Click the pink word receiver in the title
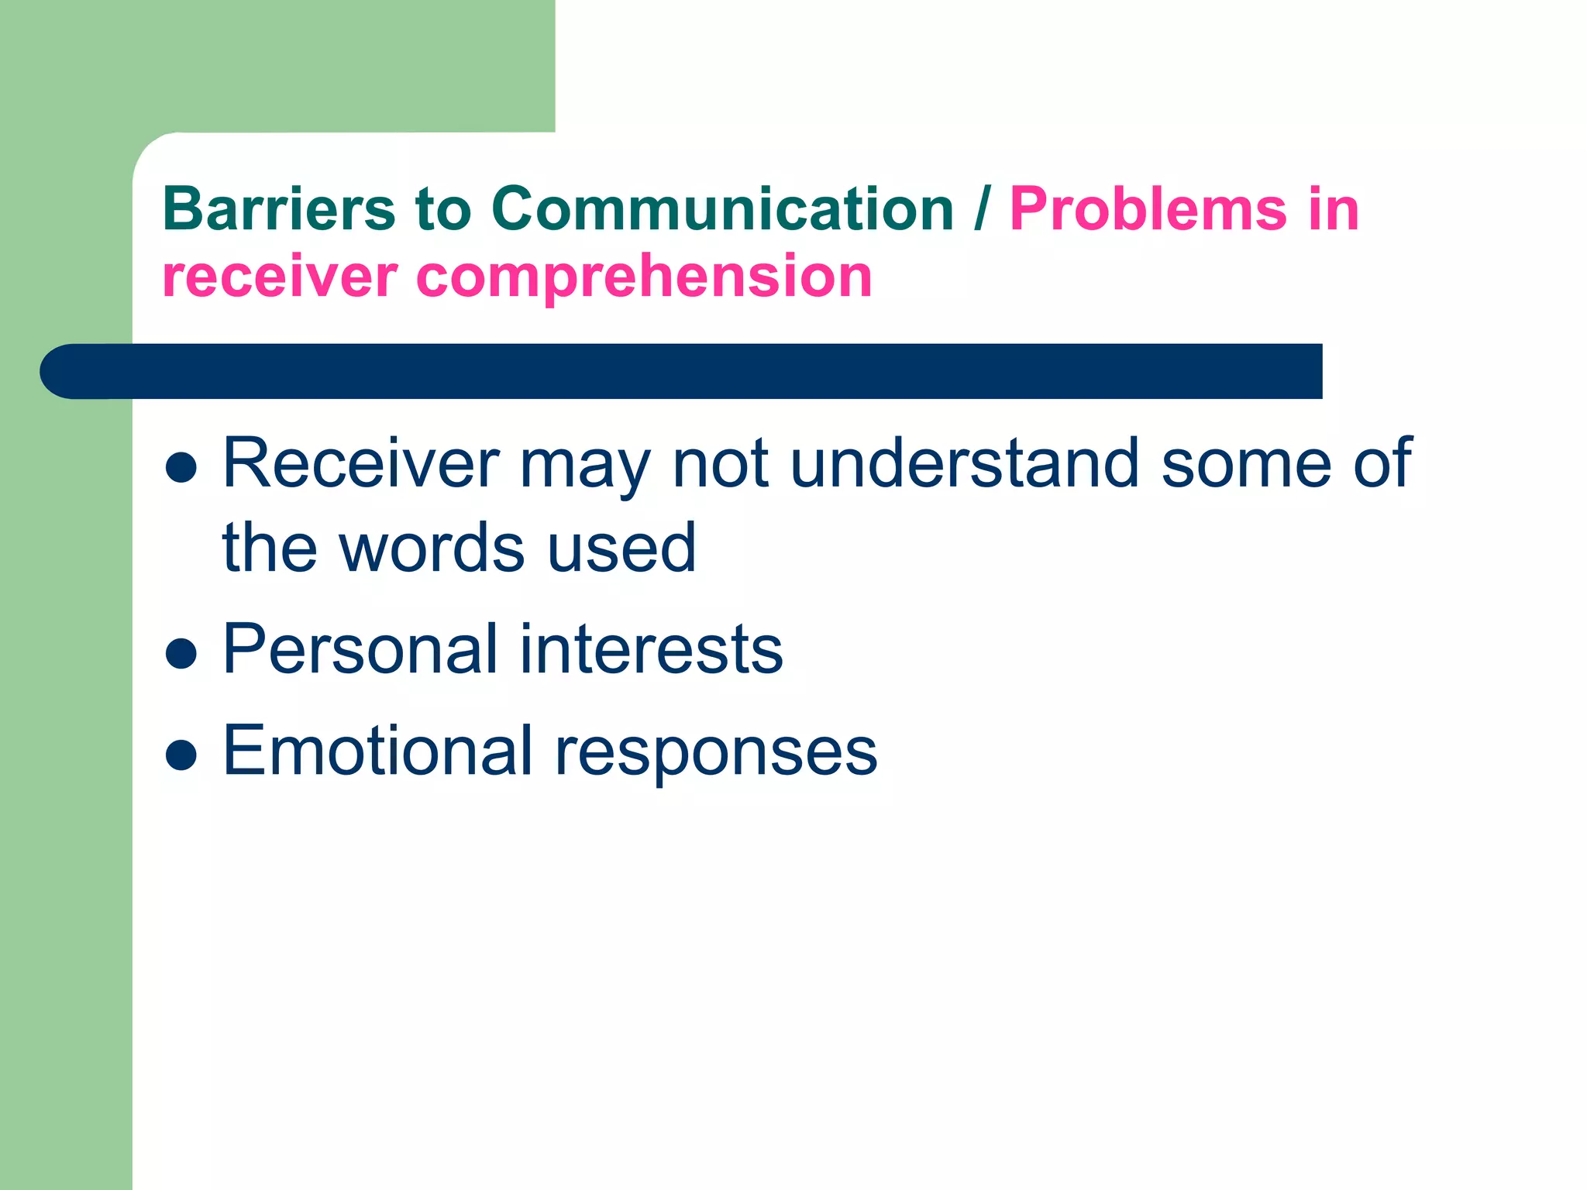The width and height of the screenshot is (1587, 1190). click(279, 277)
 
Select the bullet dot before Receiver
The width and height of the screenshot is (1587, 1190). click(181, 467)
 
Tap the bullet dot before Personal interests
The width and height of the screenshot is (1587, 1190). click(181, 652)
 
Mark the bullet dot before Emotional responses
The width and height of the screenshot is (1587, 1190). click(181, 754)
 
